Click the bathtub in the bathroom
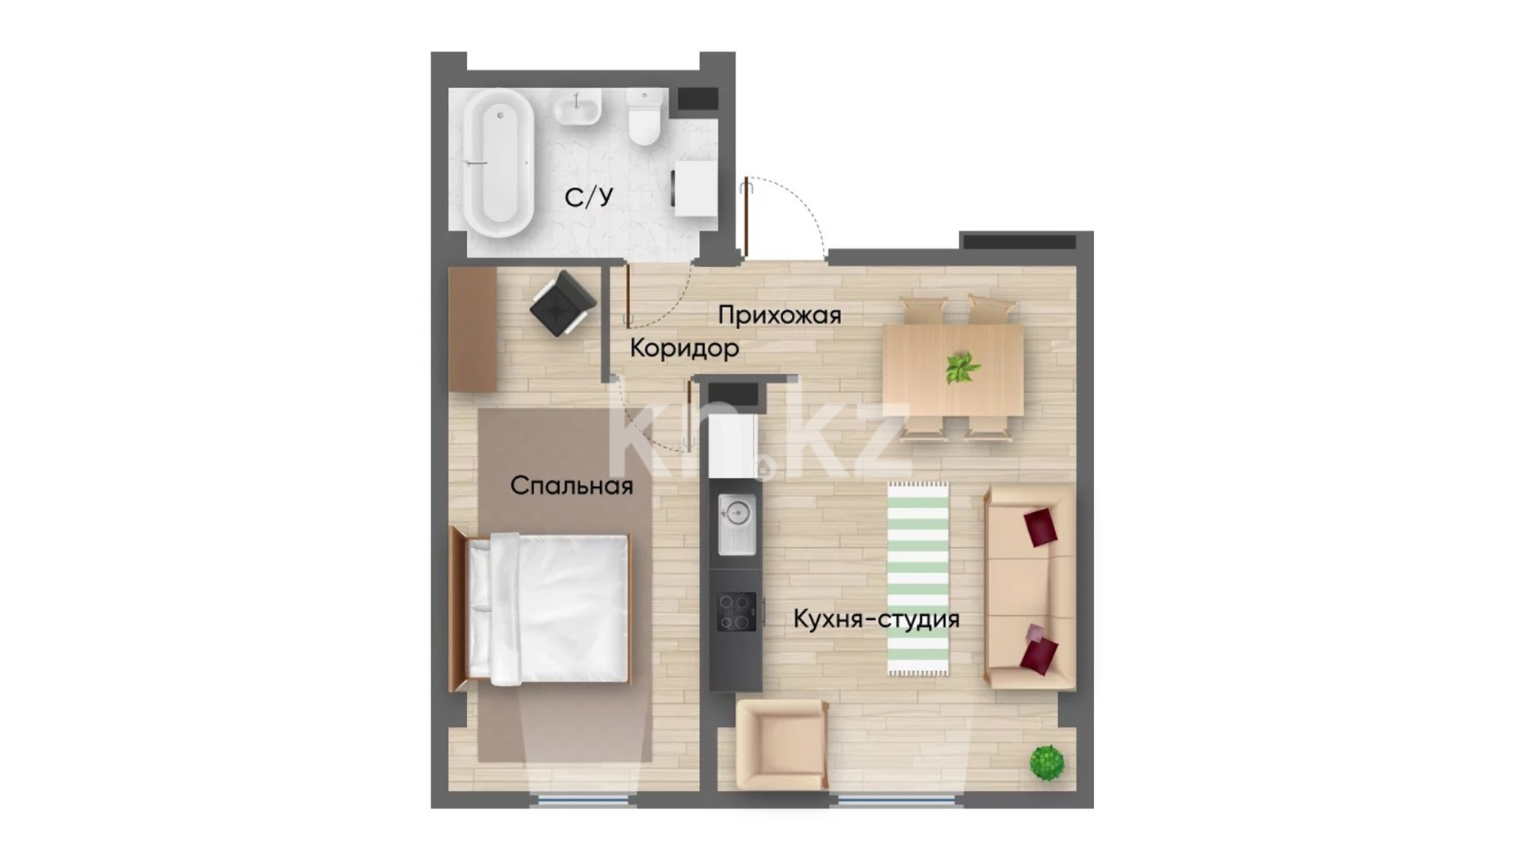click(499, 163)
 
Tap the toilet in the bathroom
click(644, 117)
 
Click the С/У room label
click(589, 197)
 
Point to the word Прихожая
click(779, 315)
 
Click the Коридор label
click(685, 348)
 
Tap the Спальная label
click(572, 485)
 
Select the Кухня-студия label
click(876, 618)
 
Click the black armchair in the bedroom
click(563, 303)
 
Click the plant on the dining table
click(962, 368)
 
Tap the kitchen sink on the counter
click(736, 523)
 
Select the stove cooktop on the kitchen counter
click(736, 612)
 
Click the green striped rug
click(918, 579)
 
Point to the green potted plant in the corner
click(1046, 762)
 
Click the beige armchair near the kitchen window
click(782, 745)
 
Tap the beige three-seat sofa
click(1030, 587)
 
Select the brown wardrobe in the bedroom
click(472, 329)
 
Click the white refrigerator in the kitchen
click(733, 445)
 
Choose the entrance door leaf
click(745, 219)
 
